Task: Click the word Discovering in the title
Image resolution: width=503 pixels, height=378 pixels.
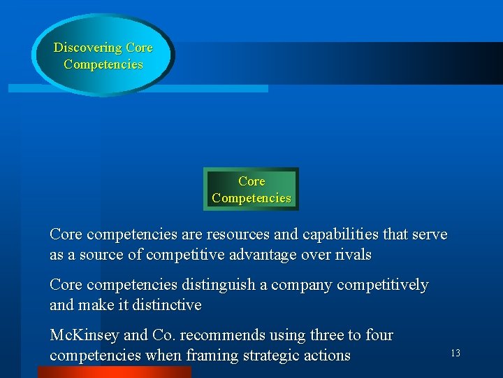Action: pyautogui.click(x=88, y=48)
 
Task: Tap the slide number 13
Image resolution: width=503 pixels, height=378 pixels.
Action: pyautogui.click(x=455, y=353)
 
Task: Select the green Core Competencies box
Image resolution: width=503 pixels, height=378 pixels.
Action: pyautogui.click(x=251, y=190)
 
